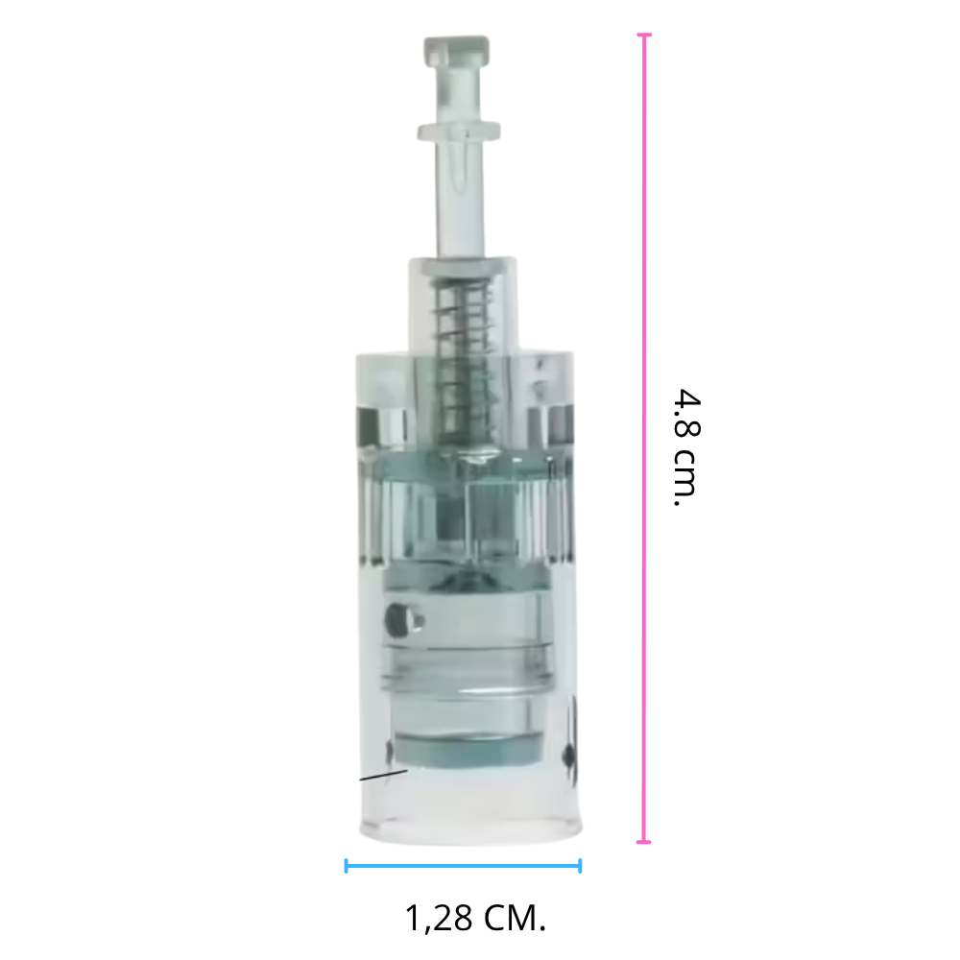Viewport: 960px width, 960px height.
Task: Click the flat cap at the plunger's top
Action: pos(457,48)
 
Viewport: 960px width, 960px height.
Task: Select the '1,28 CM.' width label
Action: pos(475,918)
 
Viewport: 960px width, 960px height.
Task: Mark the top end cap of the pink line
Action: pos(644,36)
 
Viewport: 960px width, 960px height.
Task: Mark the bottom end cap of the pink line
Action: pos(644,842)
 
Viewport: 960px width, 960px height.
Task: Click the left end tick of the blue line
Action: pos(346,866)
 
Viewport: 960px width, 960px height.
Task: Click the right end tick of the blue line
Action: pos(580,866)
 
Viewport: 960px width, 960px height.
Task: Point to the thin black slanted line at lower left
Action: pos(382,774)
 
